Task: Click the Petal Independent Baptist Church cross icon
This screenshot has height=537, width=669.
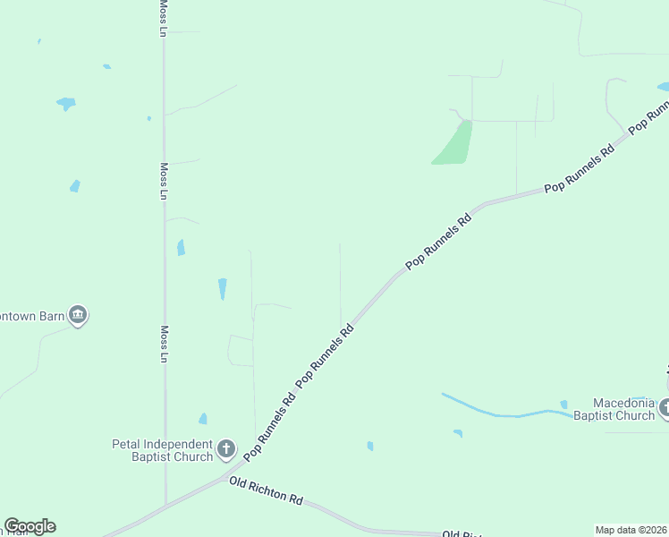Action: pos(227,448)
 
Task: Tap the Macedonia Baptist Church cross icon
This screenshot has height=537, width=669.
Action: pos(665,408)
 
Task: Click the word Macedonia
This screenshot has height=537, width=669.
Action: pos(625,403)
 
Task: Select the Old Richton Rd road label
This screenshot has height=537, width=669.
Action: pos(266,490)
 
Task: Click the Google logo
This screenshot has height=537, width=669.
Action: pos(30,526)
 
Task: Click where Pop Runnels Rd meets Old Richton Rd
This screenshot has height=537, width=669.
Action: pos(234,472)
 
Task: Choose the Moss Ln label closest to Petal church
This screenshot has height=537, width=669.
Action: pos(164,344)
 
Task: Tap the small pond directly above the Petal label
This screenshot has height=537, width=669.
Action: pos(203,419)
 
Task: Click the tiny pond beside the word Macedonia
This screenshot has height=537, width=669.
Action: pos(563,405)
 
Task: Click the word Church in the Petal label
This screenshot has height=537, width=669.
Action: pos(194,456)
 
